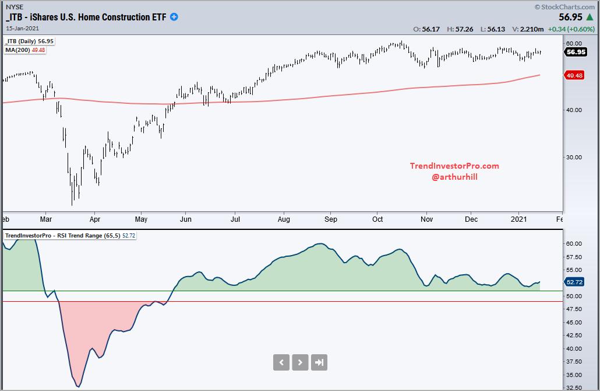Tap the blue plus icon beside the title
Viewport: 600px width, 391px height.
[x=174, y=17]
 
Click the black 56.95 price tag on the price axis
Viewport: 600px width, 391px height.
[x=576, y=52]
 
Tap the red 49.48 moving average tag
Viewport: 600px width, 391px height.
[x=576, y=75]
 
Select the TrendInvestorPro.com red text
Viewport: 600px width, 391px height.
[x=454, y=166]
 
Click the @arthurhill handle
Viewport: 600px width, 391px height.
[x=454, y=176]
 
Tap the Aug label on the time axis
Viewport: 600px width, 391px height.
[x=284, y=219]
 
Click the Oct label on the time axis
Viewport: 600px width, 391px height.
[x=377, y=219]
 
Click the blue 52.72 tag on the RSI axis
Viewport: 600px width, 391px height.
[x=576, y=282]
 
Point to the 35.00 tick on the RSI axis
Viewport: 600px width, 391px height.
[x=574, y=375]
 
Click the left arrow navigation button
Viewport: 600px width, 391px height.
[x=281, y=362]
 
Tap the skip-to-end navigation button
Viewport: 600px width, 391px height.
[x=319, y=362]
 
